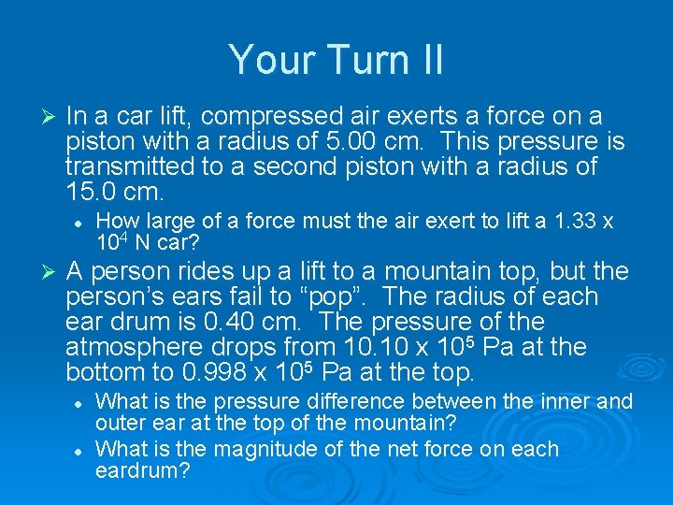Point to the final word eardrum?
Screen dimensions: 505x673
tap(143, 470)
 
